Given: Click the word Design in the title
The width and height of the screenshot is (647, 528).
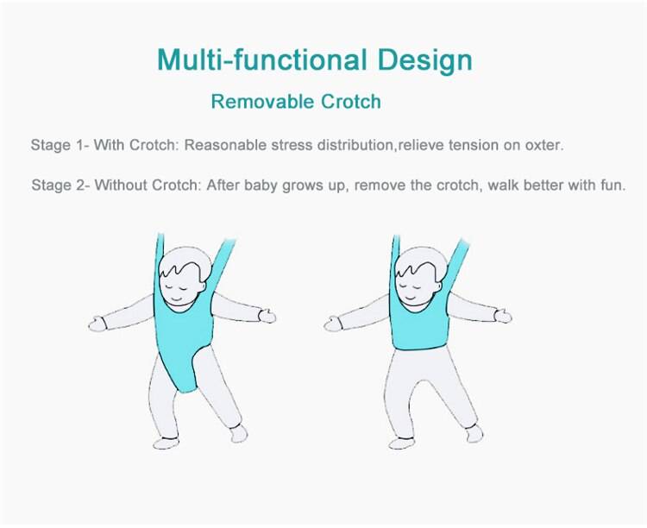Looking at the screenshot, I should (x=424, y=60).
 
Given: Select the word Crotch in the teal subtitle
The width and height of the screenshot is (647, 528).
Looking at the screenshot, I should (x=350, y=102).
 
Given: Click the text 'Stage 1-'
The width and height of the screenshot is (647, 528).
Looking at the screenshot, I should (x=60, y=145).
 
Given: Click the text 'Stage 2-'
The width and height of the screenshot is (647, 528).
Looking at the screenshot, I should (x=60, y=185).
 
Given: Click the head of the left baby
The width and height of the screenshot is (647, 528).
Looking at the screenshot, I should (x=185, y=276).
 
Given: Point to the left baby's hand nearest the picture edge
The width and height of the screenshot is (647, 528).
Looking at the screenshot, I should (x=97, y=324).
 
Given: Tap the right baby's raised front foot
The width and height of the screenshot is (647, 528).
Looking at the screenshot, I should (x=402, y=443).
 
